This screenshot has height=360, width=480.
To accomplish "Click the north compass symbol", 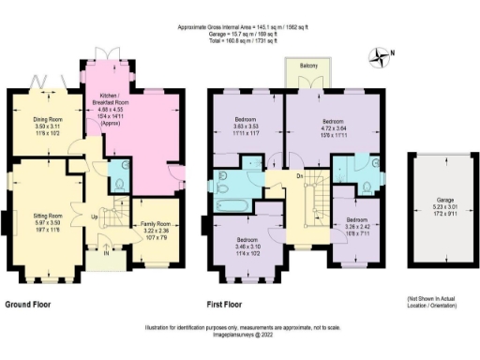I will click(x=379, y=58).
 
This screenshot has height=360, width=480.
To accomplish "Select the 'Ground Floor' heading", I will click(x=34, y=306).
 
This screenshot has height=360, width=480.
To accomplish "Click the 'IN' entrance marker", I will click(x=106, y=251).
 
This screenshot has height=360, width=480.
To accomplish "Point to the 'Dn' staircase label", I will click(x=298, y=174).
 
